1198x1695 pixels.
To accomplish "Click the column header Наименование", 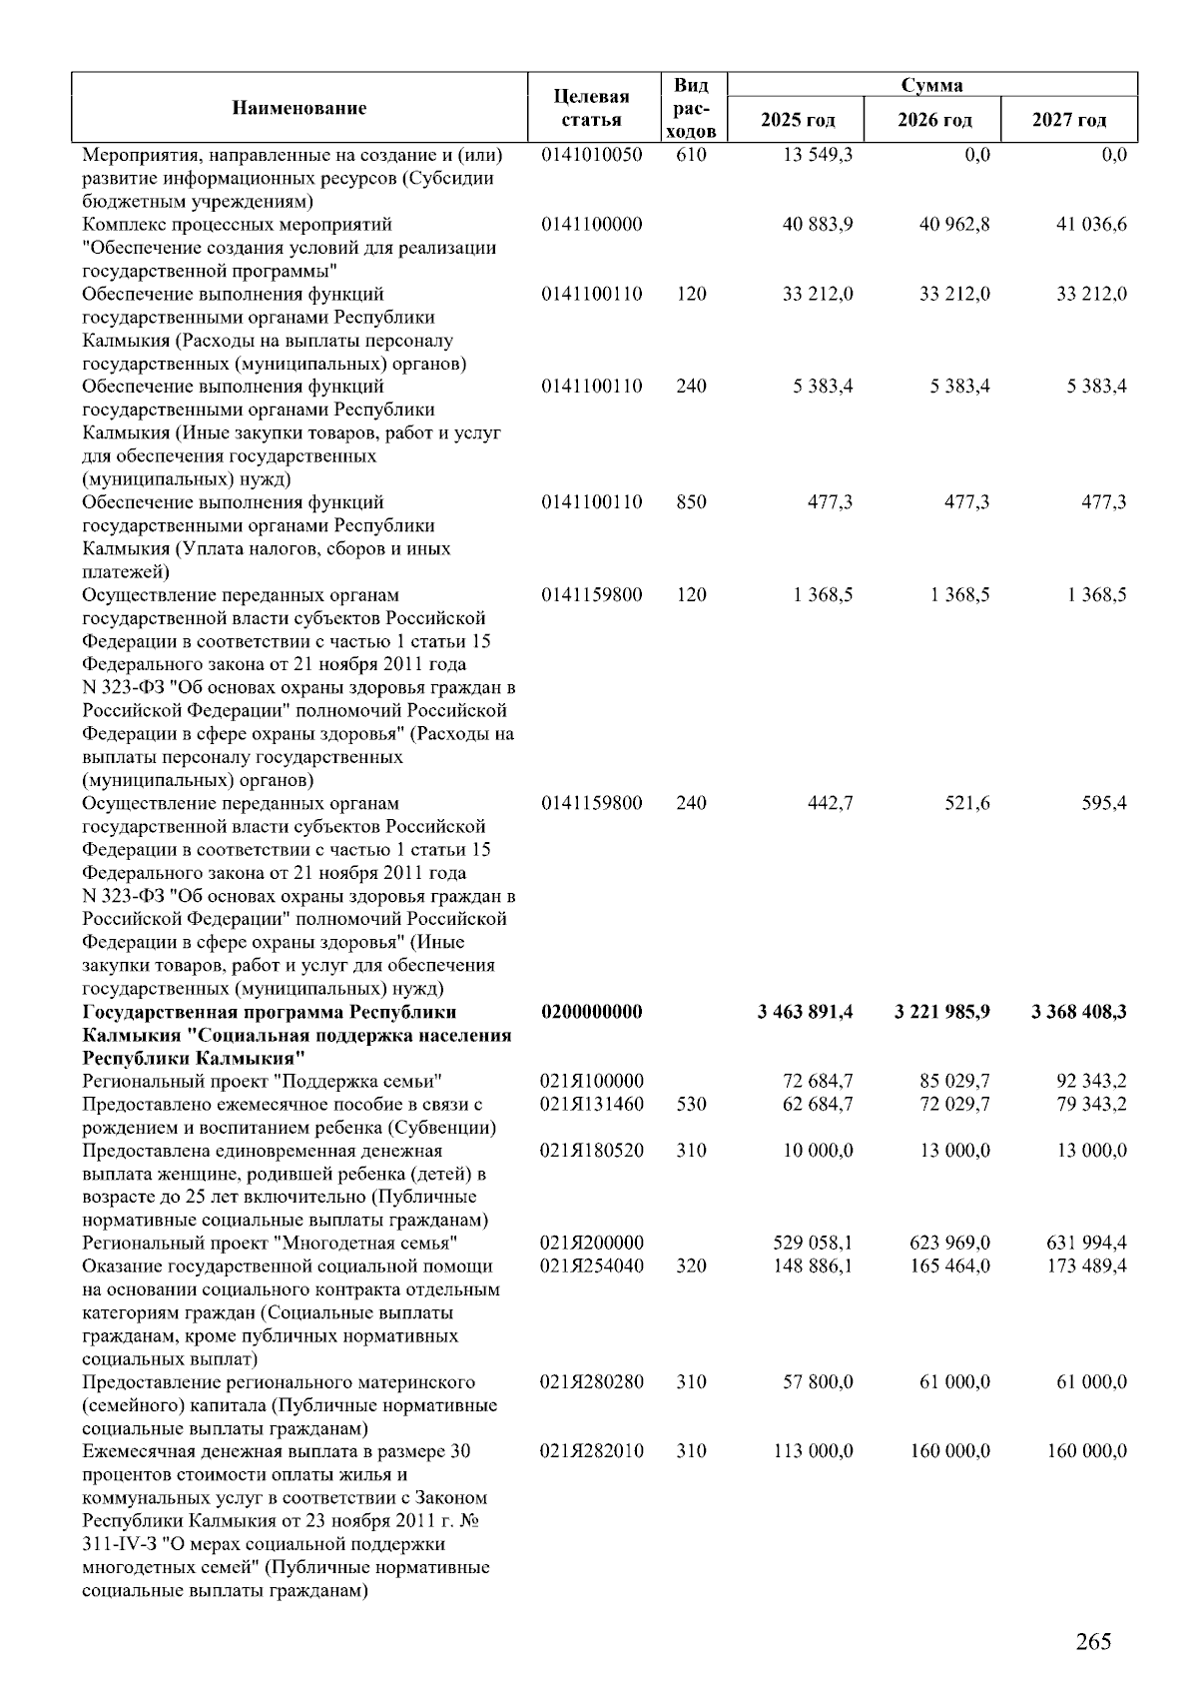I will pos(299,108).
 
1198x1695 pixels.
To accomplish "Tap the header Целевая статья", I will pos(591,108).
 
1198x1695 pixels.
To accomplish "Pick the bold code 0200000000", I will pos(591,1012).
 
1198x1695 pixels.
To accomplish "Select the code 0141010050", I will pos(591,155).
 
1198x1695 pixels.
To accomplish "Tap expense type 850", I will pos(691,502).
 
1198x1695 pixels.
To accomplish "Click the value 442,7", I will pos(830,803).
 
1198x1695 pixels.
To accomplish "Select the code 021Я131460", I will pos(591,1104).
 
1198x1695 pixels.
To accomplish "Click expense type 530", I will pos(691,1104).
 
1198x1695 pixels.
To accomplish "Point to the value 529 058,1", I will pos(813,1243).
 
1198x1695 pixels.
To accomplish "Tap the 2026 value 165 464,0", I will pos(949,1266).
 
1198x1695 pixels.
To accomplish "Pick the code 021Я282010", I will pos(591,1451).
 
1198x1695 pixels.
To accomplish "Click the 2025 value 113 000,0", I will pos(813,1451).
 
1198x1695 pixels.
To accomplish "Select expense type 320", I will pos(691,1266).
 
